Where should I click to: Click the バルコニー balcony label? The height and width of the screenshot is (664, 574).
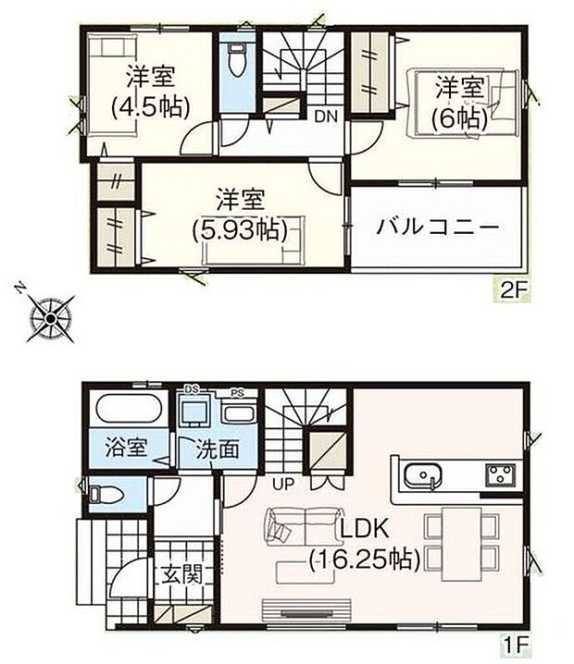[438, 227]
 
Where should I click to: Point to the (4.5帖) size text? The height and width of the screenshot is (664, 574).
[150, 106]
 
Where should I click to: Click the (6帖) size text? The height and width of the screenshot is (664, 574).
[460, 117]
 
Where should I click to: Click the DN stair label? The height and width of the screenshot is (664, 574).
[324, 117]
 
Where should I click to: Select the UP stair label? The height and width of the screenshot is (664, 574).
[282, 483]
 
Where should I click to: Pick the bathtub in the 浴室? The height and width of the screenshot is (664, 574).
[129, 410]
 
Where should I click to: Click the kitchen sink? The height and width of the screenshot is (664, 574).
[422, 476]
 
